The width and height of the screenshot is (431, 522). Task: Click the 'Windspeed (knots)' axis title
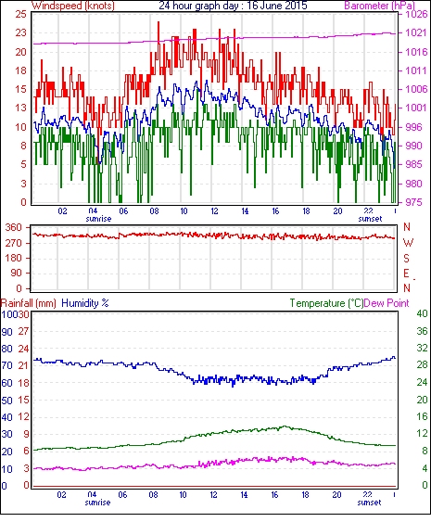[x=73, y=6]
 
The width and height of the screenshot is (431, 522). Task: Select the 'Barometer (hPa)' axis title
[x=380, y=6]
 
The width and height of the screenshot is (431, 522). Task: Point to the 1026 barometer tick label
[x=416, y=14]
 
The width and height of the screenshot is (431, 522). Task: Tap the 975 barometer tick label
[x=414, y=202]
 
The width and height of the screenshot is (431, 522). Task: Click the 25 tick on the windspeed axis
[x=20, y=14]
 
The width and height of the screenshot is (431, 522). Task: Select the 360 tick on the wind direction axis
[x=14, y=228]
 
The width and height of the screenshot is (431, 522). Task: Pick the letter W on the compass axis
[x=408, y=243]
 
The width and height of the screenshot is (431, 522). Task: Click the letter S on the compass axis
[x=406, y=258]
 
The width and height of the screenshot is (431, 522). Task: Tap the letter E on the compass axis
[x=406, y=274]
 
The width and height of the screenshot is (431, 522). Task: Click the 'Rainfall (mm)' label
[x=29, y=303]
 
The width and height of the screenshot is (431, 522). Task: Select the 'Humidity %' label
[x=85, y=303]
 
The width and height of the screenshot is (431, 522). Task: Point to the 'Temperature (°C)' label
[x=326, y=303]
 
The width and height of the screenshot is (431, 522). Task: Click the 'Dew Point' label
[x=387, y=303]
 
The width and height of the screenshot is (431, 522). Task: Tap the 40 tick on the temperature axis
[x=422, y=313]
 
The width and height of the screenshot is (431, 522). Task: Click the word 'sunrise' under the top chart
[x=98, y=219]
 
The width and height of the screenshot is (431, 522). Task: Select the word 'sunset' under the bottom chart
[x=369, y=502]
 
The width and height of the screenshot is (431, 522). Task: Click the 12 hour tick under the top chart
[x=214, y=211]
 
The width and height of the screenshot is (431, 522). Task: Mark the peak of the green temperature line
[x=285, y=427]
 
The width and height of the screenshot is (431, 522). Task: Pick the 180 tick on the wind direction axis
[x=14, y=258]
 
